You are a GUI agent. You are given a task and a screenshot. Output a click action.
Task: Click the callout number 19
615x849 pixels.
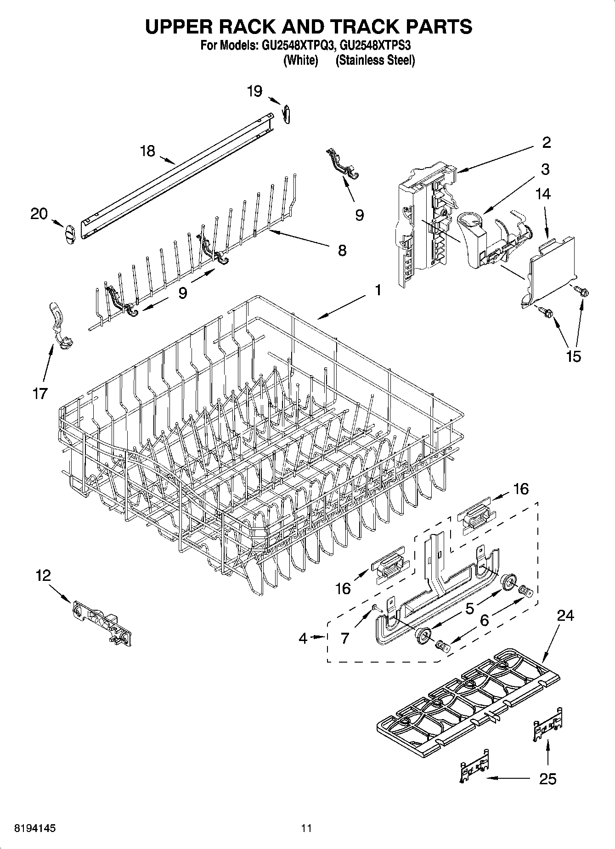(254, 91)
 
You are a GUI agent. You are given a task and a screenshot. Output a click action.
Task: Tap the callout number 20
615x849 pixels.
(39, 214)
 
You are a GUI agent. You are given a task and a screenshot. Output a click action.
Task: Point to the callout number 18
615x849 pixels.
(147, 151)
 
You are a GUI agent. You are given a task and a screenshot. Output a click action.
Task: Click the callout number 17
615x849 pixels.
(40, 393)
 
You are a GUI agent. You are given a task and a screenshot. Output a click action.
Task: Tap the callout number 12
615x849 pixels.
(43, 575)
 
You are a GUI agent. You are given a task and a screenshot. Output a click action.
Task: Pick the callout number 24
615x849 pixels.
(565, 615)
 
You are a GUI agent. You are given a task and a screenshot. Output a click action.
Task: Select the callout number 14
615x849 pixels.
(542, 194)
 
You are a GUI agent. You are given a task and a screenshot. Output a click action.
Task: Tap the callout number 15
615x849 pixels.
(574, 356)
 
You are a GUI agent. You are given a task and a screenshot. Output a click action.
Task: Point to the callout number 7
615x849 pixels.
(345, 637)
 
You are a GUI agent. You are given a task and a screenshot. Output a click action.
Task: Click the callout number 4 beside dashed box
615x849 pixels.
(303, 637)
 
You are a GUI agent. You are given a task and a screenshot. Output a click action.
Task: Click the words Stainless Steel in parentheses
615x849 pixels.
(375, 60)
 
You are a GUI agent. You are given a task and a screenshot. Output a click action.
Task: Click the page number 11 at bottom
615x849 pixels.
(306, 828)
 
